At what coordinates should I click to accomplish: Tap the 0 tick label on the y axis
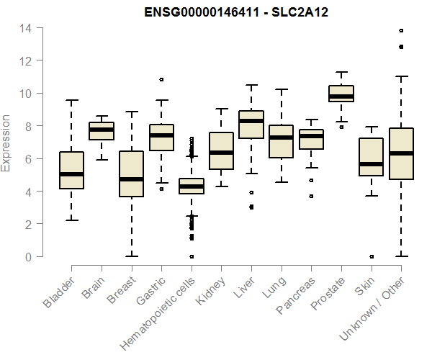click(27, 256)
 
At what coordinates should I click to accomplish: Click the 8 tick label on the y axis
click(27, 126)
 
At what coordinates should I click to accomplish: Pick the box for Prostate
click(341, 94)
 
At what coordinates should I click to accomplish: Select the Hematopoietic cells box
click(192, 186)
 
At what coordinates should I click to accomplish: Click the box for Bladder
click(71, 170)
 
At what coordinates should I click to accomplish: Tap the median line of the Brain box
click(102, 130)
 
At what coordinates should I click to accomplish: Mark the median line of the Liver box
click(251, 121)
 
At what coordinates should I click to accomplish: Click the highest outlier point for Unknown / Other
click(401, 31)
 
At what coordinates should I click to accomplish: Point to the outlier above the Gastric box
click(161, 79)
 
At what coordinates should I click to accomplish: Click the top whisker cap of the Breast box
click(131, 112)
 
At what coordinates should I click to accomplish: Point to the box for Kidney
click(221, 150)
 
